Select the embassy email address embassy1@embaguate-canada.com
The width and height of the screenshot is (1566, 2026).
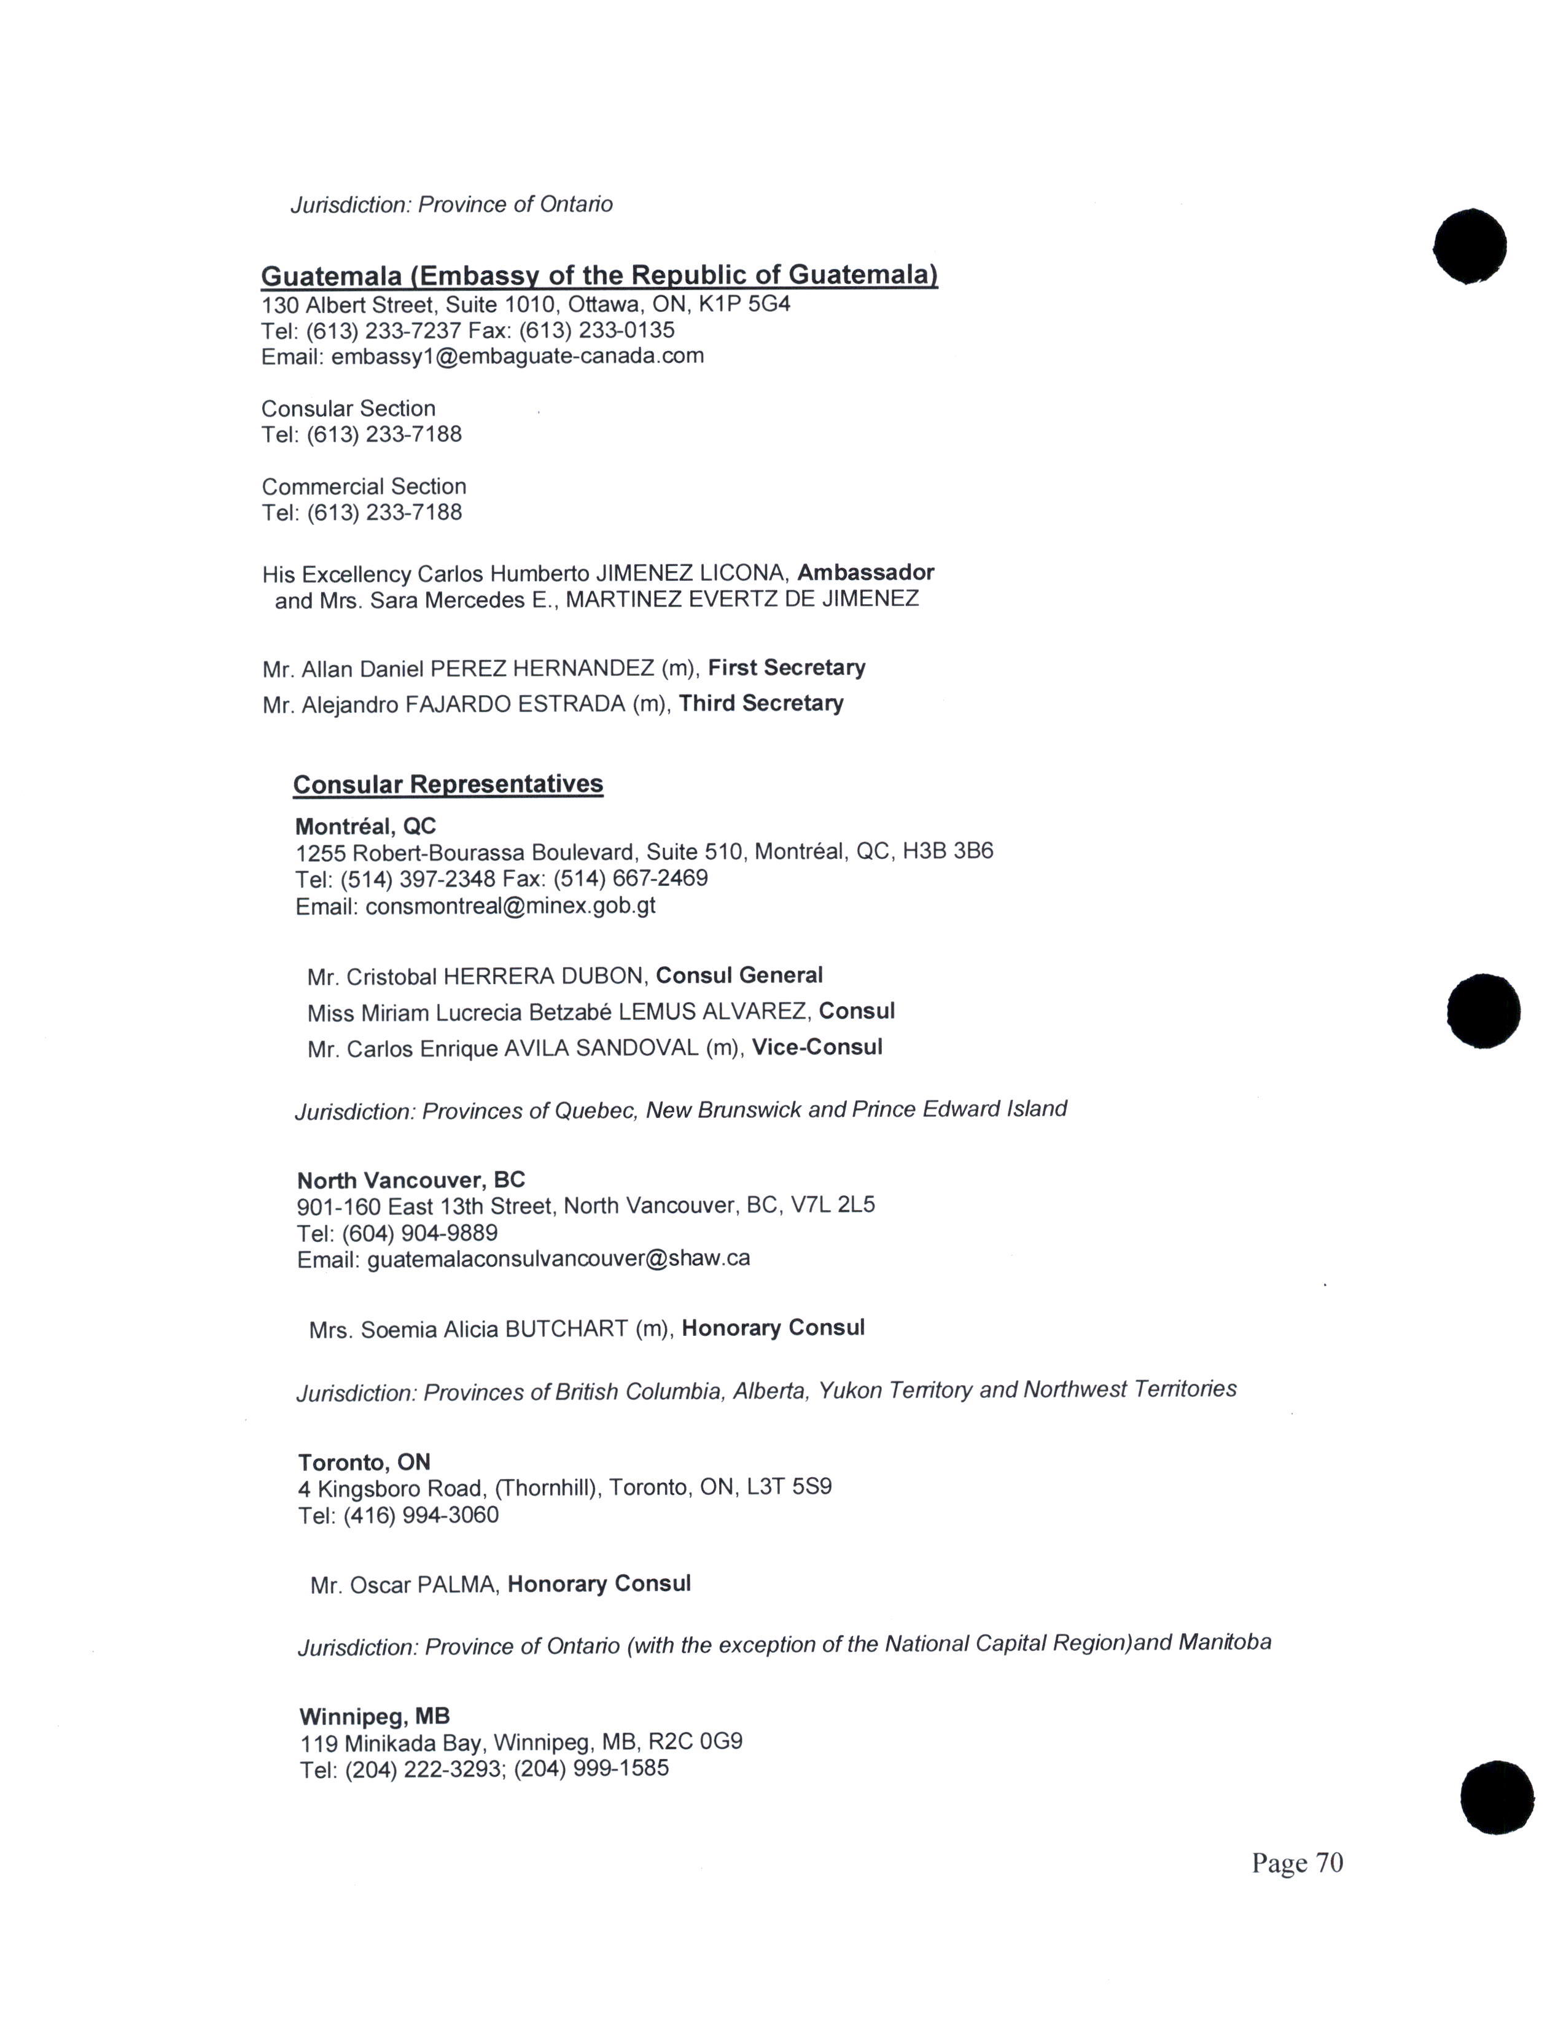pos(516,356)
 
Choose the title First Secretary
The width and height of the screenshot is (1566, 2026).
pos(787,668)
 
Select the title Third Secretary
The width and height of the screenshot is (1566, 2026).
pos(761,703)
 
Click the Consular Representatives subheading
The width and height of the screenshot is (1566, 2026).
pos(448,785)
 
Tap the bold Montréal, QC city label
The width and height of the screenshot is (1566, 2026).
pos(365,826)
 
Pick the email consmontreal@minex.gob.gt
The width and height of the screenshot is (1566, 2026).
pos(510,906)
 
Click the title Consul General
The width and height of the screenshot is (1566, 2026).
pos(739,976)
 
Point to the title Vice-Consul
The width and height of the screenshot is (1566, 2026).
pos(816,1047)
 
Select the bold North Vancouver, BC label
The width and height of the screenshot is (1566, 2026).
pos(411,1180)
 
